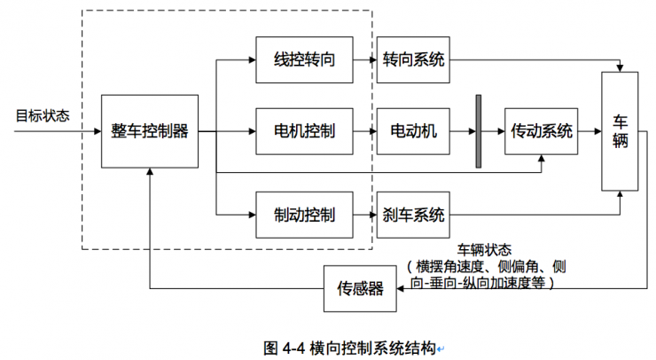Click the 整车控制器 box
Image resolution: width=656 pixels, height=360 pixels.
tap(150, 131)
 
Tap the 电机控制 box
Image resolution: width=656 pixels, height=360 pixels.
tap(304, 131)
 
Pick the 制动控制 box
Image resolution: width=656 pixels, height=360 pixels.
tap(304, 215)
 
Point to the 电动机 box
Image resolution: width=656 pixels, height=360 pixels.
tap(413, 131)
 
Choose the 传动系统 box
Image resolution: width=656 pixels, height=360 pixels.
tap(541, 131)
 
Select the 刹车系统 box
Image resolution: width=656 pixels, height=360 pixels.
tap(413, 215)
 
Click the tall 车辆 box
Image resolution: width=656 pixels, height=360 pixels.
tap(620, 131)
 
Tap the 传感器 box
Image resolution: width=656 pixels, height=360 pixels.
tap(360, 288)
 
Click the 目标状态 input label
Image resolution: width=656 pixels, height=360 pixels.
tap(42, 116)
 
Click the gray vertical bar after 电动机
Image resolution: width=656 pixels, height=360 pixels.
tap(479, 131)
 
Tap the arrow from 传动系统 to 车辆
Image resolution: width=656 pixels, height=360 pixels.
tap(590, 131)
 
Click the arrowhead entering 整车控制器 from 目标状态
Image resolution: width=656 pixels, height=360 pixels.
tap(97, 131)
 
